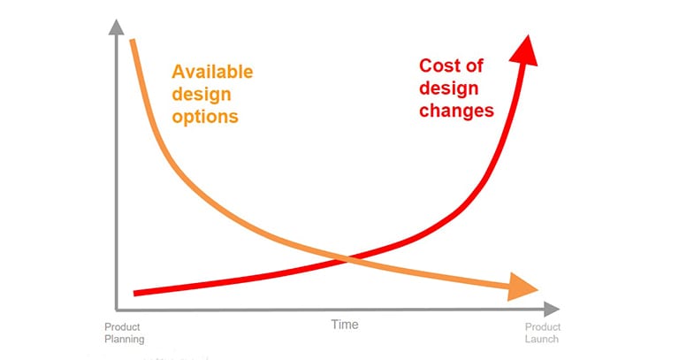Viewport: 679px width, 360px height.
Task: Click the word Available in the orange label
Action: point(212,72)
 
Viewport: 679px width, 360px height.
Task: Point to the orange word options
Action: point(206,116)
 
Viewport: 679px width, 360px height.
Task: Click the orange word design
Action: point(200,94)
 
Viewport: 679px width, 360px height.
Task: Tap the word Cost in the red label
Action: point(439,65)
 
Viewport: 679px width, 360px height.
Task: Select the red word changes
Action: point(456,111)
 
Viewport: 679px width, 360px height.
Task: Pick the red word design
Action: point(448,88)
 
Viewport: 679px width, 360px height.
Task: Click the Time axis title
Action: point(345,325)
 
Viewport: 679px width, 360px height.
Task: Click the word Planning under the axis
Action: point(124,339)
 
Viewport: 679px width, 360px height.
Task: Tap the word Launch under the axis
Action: point(541,339)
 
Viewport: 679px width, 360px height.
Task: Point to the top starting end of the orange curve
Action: point(133,41)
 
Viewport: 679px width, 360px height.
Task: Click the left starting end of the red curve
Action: point(135,292)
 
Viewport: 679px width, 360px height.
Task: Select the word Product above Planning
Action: point(122,326)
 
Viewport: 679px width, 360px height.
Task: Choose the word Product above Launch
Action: point(542,326)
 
